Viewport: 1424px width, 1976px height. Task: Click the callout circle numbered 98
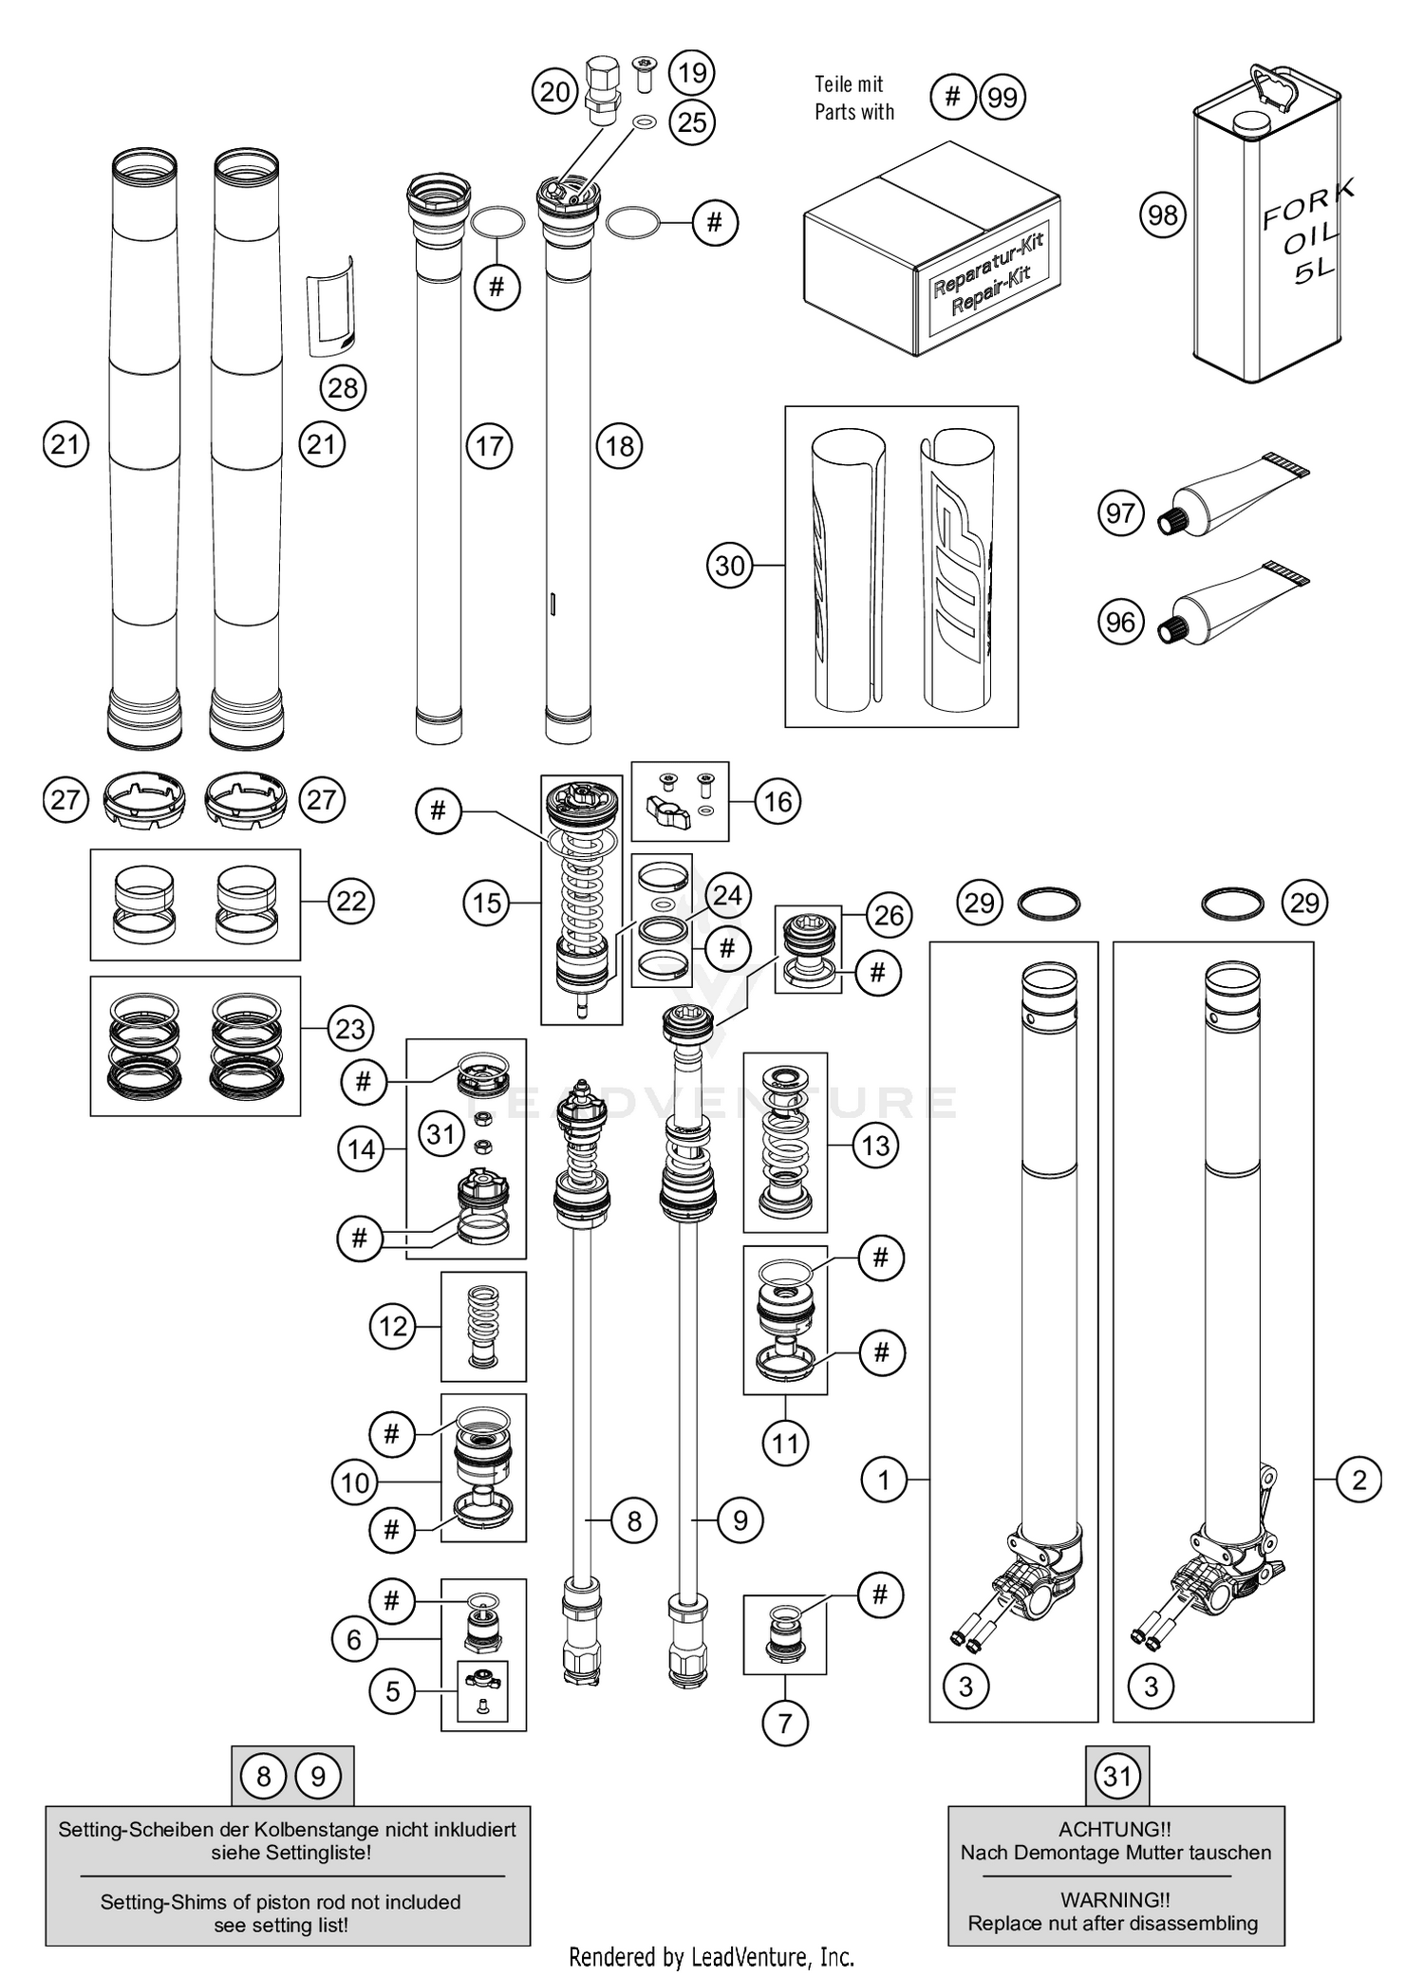(1162, 215)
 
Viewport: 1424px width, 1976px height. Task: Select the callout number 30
(729, 566)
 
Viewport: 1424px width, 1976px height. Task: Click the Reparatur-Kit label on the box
(987, 280)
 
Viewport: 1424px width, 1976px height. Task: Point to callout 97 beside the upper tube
(1120, 513)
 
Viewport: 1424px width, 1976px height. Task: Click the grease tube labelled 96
(1234, 608)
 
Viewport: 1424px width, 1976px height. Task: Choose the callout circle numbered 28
(343, 387)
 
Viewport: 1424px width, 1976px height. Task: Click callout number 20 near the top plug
(554, 92)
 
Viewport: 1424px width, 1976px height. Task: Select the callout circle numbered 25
(692, 121)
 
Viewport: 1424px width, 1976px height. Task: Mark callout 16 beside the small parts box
(778, 801)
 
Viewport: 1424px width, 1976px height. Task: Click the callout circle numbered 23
(350, 1029)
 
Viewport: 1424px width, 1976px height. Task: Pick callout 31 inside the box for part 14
(441, 1133)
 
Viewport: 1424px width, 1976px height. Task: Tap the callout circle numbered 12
(393, 1326)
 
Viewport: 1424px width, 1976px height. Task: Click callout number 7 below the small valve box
(784, 1723)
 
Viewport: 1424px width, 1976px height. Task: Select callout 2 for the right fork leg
(1358, 1480)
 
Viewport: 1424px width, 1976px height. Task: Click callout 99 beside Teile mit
(1002, 97)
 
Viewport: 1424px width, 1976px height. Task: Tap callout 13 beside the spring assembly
(874, 1145)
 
